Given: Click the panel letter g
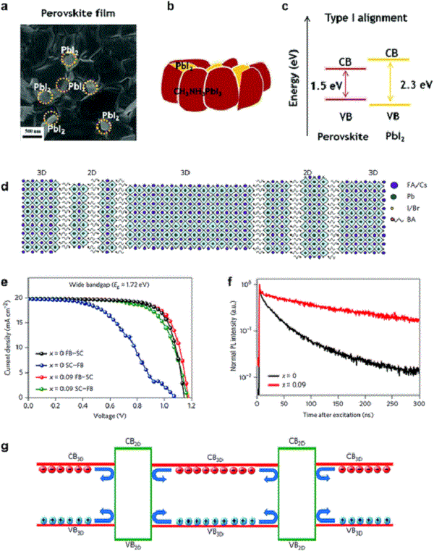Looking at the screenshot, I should pyautogui.click(x=7, y=447).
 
